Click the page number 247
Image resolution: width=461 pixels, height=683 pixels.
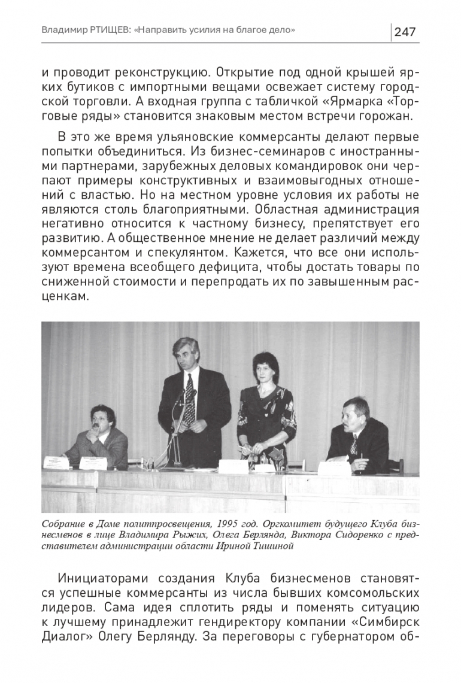405,32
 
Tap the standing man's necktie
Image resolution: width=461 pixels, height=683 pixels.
190,398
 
